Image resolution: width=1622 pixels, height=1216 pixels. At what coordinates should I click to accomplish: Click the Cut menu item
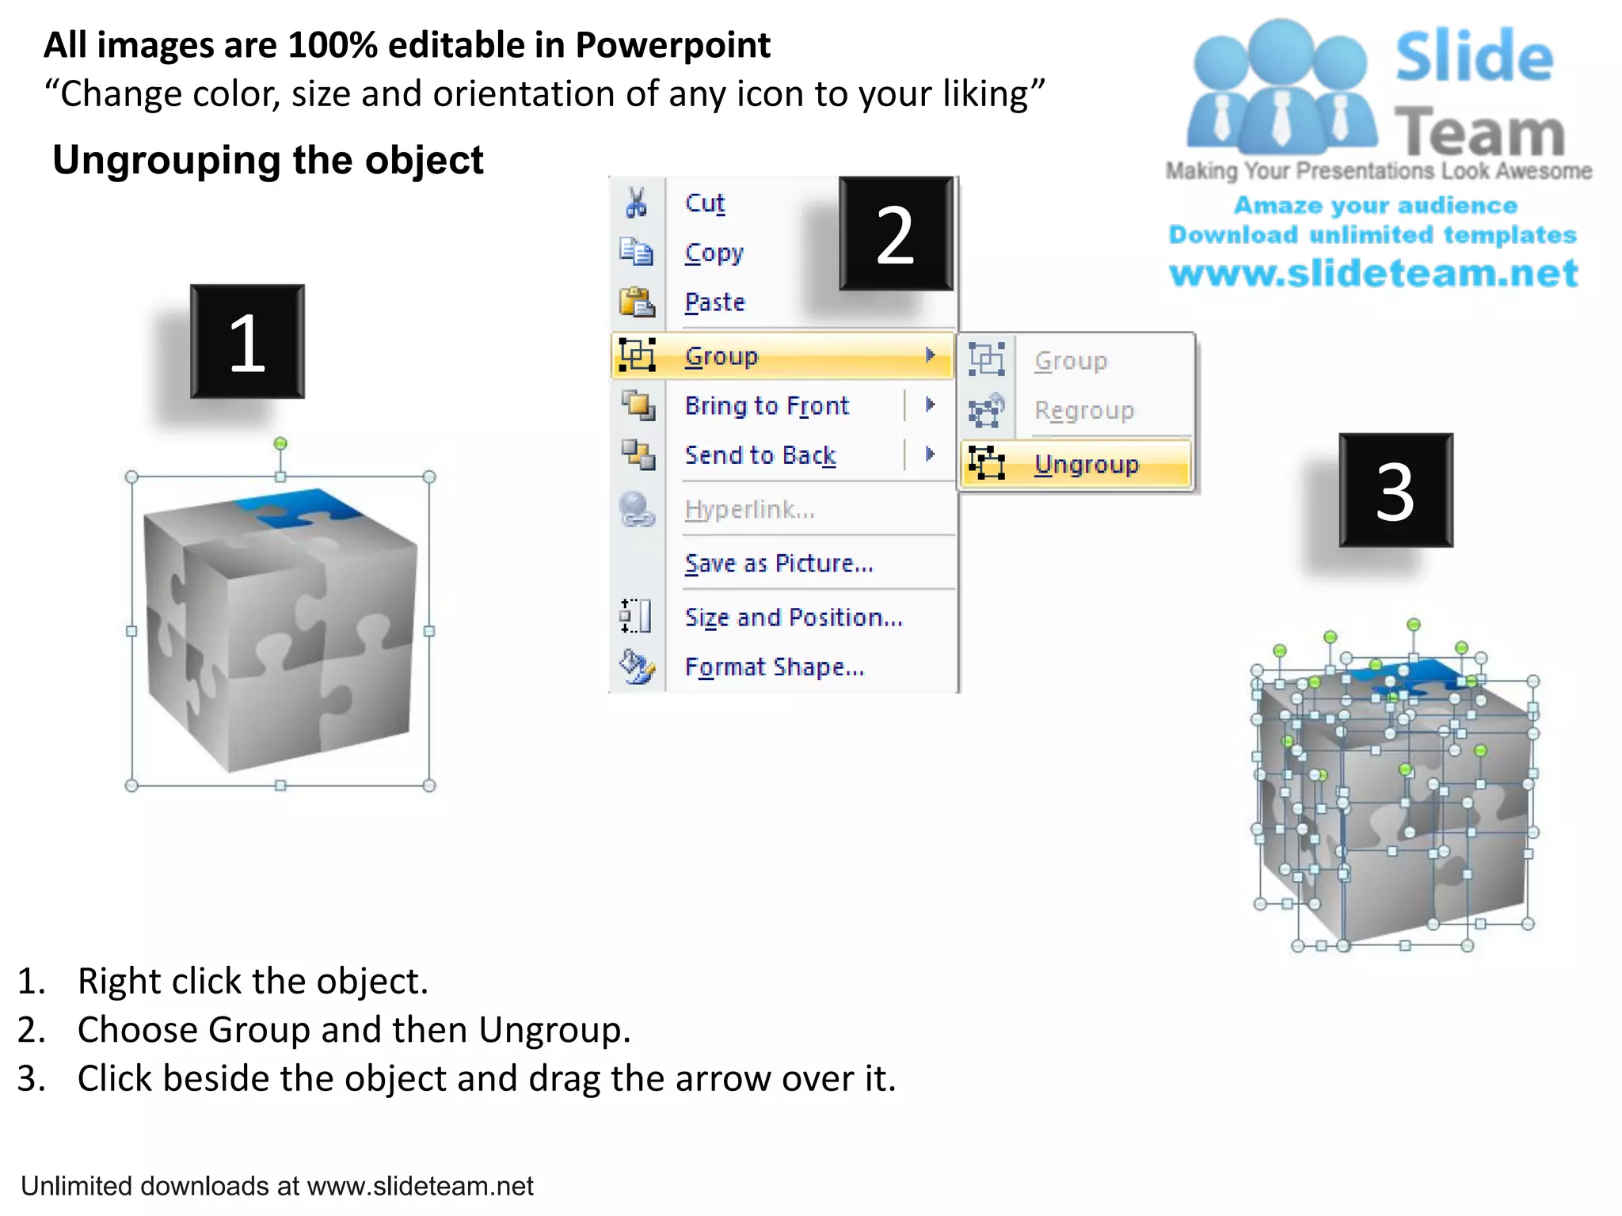[705, 203]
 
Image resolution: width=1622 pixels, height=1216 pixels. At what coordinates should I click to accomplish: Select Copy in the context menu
[714, 253]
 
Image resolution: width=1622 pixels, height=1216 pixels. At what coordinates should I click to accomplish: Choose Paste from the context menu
[714, 302]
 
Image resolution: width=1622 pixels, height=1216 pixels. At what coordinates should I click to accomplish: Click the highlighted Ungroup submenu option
[1086, 464]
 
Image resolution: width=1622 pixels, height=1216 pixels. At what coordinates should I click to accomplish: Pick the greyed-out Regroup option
[1083, 410]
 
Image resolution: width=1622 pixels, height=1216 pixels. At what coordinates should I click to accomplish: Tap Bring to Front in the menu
[767, 405]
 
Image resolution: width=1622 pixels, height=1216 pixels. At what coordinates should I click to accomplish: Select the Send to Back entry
[760, 455]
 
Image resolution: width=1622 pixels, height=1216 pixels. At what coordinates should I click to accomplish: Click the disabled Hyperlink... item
[749, 509]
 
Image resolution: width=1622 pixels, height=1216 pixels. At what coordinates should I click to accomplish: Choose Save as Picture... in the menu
[779, 563]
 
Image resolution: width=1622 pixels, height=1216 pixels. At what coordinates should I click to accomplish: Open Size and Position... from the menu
[794, 617]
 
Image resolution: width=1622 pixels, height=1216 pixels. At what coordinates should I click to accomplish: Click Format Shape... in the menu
[774, 667]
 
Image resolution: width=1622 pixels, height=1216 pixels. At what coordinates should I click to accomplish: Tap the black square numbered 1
[247, 342]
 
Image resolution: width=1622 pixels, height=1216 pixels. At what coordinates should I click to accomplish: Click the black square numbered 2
[896, 234]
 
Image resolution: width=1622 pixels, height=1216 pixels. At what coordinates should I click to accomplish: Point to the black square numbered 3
[1395, 491]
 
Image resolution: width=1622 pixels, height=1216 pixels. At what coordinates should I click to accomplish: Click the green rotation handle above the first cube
[280, 443]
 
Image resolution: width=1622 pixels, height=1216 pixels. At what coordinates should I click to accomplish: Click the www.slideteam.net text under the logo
[1373, 273]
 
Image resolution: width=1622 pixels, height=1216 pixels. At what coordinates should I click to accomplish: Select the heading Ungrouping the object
[268, 160]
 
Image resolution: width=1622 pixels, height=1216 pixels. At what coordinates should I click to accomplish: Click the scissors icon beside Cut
[636, 203]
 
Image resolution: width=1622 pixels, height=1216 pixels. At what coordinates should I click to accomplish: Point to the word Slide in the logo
[1474, 57]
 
